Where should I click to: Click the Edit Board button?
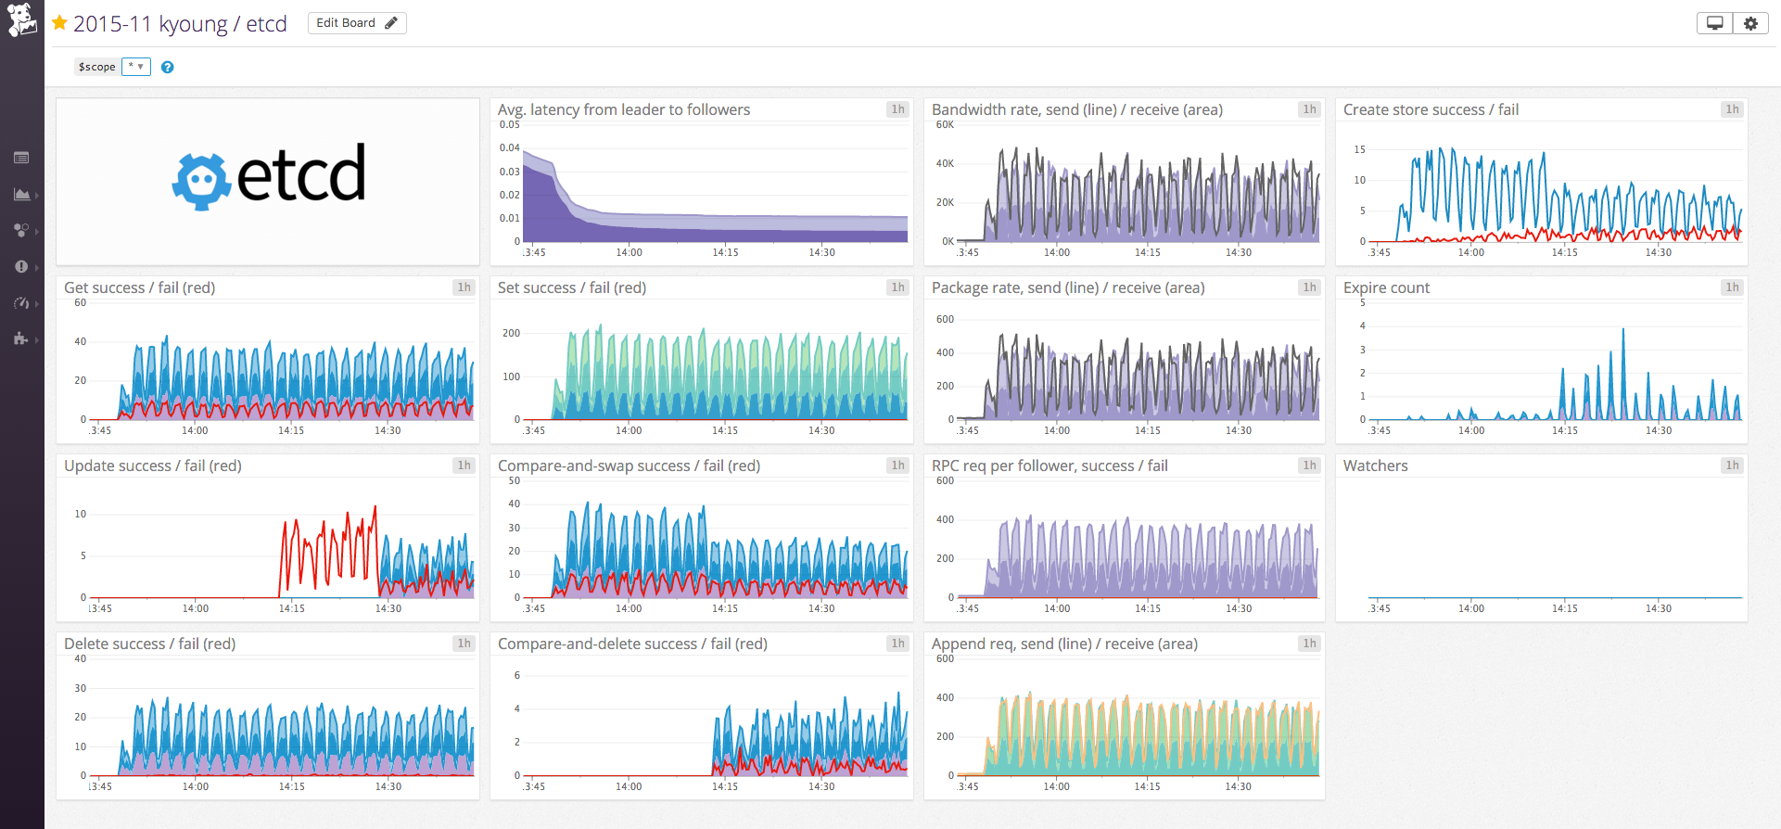click(356, 23)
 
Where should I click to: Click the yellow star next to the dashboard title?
click(59, 23)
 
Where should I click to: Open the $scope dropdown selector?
click(135, 67)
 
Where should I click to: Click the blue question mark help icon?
click(167, 67)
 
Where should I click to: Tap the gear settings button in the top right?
click(1750, 23)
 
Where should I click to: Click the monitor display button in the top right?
click(1714, 23)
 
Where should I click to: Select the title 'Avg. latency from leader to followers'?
click(623, 109)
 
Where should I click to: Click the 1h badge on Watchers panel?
click(1731, 466)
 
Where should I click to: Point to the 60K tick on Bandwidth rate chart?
click(944, 124)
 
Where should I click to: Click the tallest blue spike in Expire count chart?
click(1622, 330)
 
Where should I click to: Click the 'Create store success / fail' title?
click(1431, 109)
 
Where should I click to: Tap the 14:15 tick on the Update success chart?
click(291, 608)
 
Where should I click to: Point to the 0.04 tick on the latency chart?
click(509, 147)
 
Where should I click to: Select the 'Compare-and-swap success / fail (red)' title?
click(629, 466)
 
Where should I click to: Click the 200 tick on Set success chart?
click(511, 333)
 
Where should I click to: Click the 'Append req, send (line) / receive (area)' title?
click(1064, 644)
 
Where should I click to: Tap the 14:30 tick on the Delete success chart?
click(388, 786)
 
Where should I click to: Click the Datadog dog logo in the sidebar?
click(21, 19)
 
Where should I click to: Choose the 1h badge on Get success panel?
click(464, 287)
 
